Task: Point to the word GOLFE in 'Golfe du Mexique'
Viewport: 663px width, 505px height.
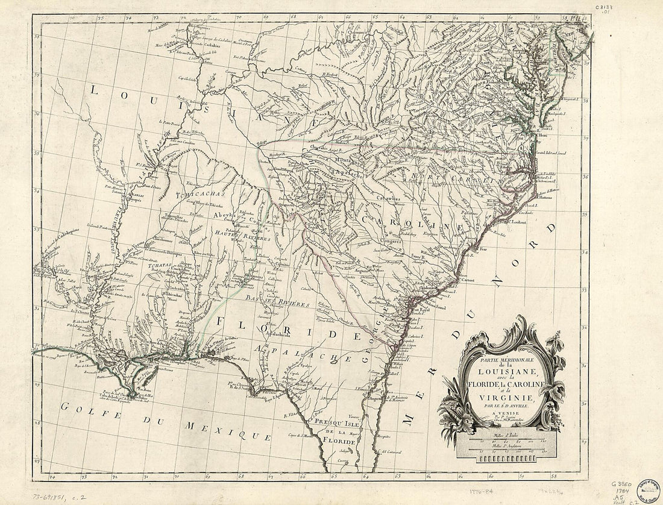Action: (x=81, y=407)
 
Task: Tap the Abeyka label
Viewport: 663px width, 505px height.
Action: (x=225, y=215)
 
